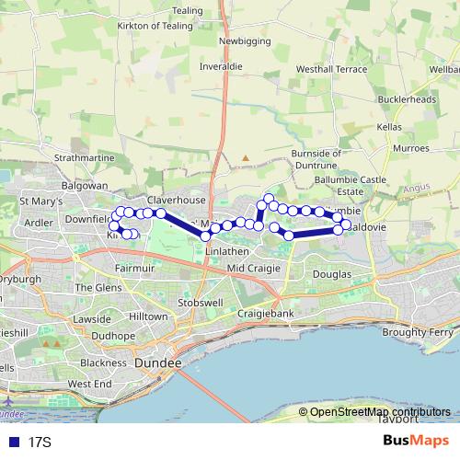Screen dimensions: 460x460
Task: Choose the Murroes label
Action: (410, 147)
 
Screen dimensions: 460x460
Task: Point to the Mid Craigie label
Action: (251, 268)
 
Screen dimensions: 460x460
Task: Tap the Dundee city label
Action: (158, 364)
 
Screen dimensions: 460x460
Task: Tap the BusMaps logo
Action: (417, 442)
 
